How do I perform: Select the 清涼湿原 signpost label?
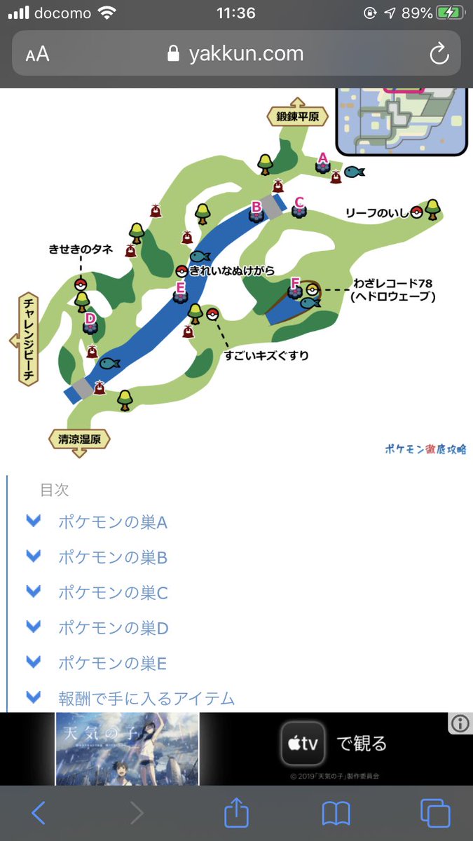[x=80, y=440]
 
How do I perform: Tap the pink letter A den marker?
[x=323, y=158]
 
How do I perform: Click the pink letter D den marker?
[x=90, y=319]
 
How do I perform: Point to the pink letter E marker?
[x=181, y=287]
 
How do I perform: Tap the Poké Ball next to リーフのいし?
[x=417, y=212]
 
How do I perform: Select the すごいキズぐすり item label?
[x=266, y=356]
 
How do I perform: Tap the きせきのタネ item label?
[x=81, y=249]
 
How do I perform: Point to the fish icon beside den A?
[x=354, y=171]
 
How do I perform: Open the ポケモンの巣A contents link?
[x=113, y=523]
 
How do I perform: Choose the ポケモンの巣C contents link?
[x=113, y=593]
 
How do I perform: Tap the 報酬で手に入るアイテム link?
[x=146, y=698]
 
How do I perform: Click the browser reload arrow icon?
[x=439, y=54]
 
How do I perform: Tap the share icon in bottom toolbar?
[x=237, y=813]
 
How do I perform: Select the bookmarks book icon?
[x=336, y=813]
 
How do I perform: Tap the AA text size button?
[x=37, y=55]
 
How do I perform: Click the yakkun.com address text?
[x=245, y=54]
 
